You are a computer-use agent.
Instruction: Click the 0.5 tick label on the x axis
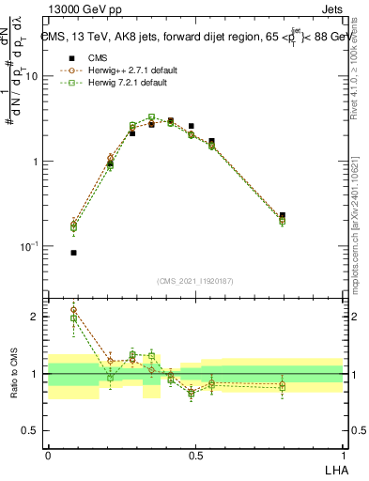tap(195, 455)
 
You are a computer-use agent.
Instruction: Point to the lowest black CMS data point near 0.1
tap(73, 253)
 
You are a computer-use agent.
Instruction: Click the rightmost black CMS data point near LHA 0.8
tap(282, 215)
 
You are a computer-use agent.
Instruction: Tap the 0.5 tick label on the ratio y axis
tap(32, 430)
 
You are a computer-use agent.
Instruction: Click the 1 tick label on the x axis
tap(343, 455)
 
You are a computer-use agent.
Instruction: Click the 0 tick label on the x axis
tap(48, 455)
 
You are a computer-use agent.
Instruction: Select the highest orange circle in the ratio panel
tap(73, 310)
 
